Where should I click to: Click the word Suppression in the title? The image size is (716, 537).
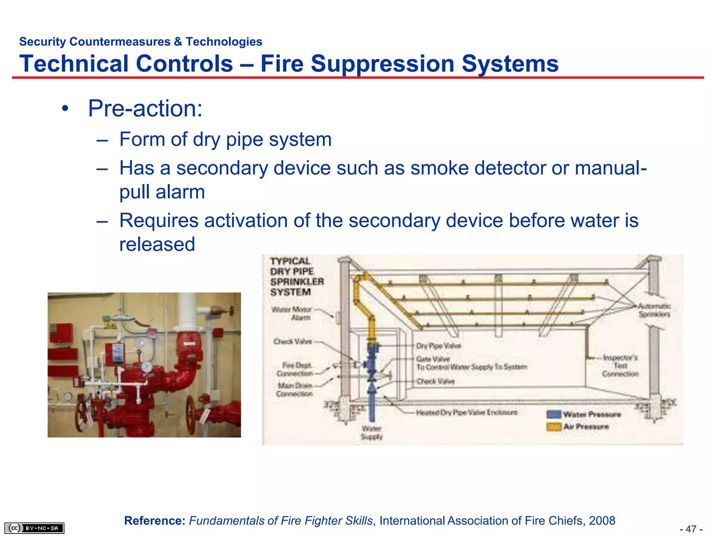[x=383, y=64]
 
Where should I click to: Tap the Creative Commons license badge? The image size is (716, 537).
[x=34, y=528]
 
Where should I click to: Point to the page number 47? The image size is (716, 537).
[x=691, y=529]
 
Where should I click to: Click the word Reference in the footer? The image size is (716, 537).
[x=155, y=521]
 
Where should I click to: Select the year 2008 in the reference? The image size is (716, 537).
[x=602, y=521]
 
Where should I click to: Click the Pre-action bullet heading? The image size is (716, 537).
[x=145, y=108]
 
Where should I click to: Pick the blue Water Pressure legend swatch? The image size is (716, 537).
[x=553, y=415]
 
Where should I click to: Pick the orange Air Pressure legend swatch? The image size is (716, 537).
[x=553, y=427]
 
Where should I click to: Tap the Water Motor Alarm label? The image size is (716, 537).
[x=292, y=314]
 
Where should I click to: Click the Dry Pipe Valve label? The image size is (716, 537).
[x=438, y=346]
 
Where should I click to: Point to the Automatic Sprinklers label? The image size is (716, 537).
[x=654, y=310]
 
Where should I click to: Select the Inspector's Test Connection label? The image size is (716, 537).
[x=620, y=366]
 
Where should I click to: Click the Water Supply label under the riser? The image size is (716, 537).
[x=371, y=433]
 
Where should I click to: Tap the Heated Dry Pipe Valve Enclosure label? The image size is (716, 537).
[x=467, y=413]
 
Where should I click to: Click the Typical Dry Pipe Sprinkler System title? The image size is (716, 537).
[x=296, y=277]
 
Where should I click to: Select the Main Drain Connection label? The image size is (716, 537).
[x=295, y=389]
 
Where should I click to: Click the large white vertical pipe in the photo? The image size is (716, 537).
[x=188, y=311]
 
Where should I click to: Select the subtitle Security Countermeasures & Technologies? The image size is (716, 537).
[x=141, y=42]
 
